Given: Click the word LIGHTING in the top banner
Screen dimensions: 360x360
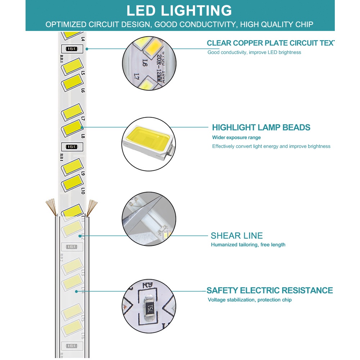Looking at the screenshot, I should (x=201, y=10).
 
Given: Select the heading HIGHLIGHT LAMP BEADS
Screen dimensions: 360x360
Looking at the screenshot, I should (x=261, y=127).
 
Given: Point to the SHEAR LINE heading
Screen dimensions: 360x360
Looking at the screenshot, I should (x=237, y=236).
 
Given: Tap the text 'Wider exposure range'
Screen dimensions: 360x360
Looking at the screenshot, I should (x=236, y=138).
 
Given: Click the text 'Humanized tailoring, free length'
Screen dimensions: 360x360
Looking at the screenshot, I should (x=248, y=245).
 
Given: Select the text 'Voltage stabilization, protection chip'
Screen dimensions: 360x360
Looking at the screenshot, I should (x=249, y=300).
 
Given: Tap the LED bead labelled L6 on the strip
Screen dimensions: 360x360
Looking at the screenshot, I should (x=72, y=83).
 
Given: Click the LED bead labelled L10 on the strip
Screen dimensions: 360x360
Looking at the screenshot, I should (x=72, y=184).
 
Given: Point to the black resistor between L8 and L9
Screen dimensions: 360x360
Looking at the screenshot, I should (x=72, y=147).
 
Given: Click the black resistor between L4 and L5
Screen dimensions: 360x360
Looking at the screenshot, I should (x=72, y=49).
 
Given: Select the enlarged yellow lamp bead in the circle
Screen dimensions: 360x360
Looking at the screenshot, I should (x=148, y=138).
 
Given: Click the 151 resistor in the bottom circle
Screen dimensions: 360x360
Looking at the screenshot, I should (x=149, y=307).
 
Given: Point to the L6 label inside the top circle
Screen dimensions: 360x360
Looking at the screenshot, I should (x=144, y=63).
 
